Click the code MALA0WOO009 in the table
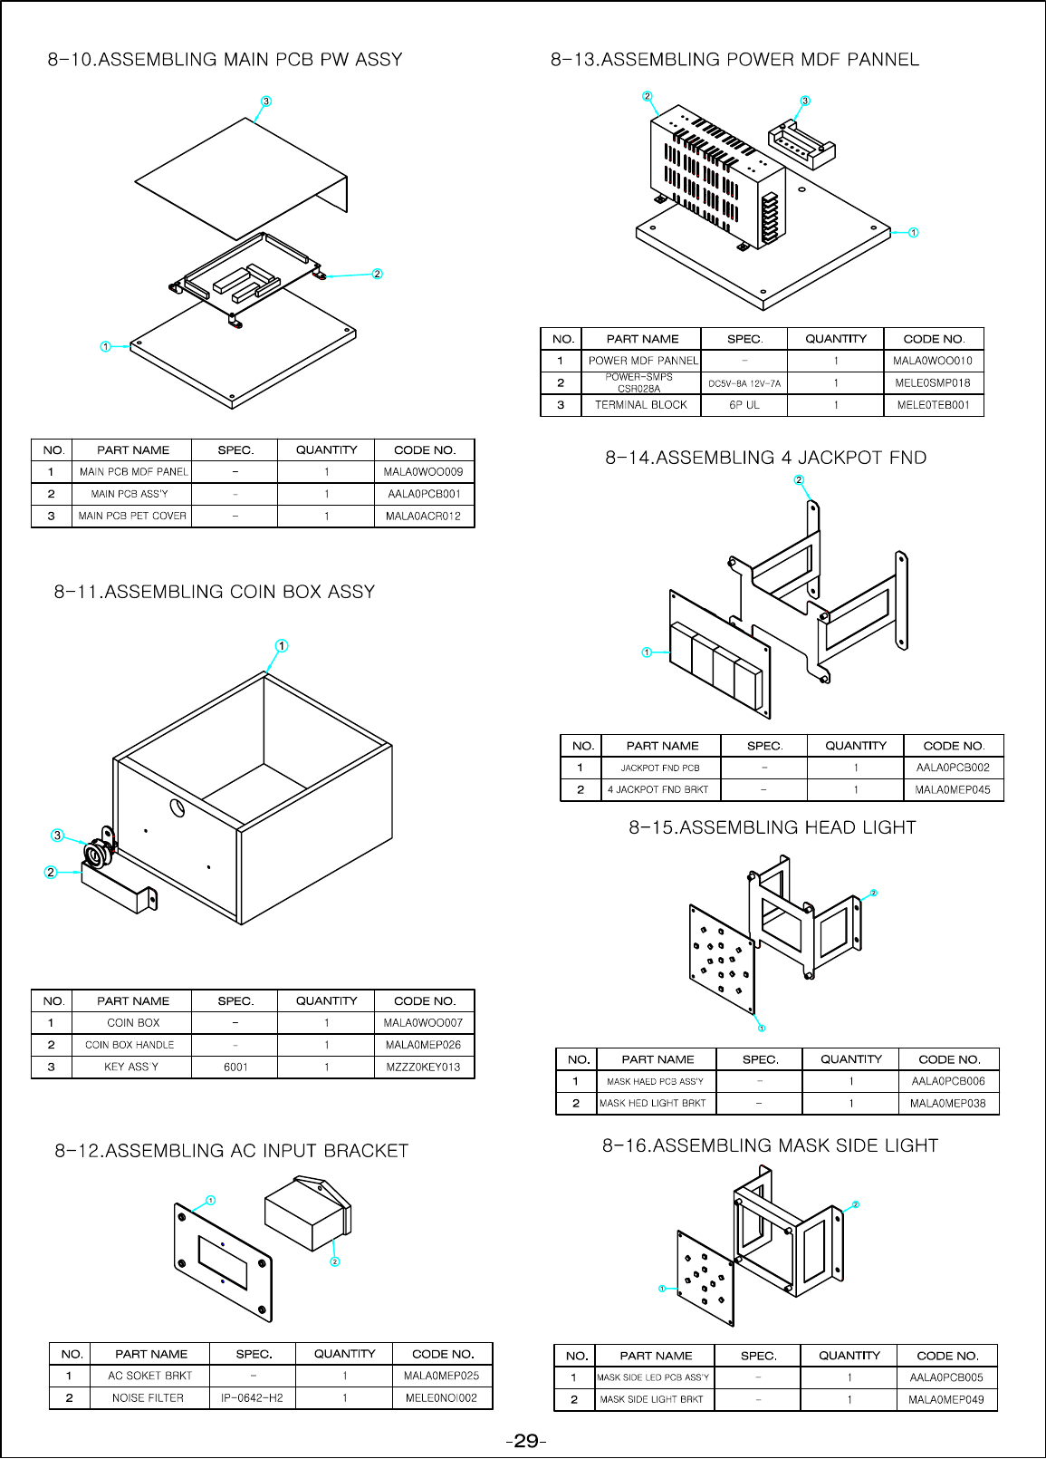tap(423, 472)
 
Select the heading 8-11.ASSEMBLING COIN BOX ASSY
tap(215, 592)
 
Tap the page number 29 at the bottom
tap(525, 1441)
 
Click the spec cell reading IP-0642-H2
tap(252, 1398)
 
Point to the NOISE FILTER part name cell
tap(148, 1398)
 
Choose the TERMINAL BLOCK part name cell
tap(641, 405)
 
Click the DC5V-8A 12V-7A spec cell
tap(744, 383)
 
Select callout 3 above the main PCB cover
tap(266, 101)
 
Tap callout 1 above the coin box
tap(282, 646)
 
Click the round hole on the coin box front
tap(178, 807)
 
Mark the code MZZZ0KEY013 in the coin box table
tap(423, 1068)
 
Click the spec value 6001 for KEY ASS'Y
tap(235, 1068)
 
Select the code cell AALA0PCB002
tap(953, 768)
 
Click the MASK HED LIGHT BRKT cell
tap(653, 1104)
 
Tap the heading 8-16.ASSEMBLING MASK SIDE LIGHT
tap(770, 1145)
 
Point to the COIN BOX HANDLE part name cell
tap(130, 1045)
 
